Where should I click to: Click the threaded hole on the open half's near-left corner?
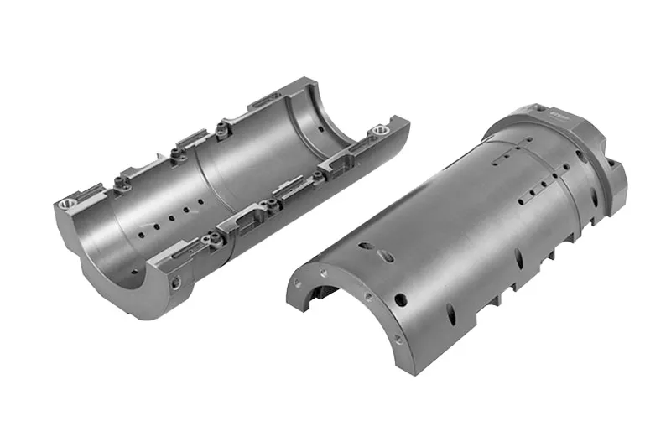point(65,202)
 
